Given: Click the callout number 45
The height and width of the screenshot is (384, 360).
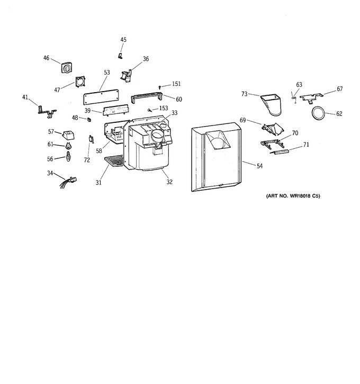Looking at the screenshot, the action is click(123, 40).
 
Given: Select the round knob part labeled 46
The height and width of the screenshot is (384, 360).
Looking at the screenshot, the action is click(67, 67).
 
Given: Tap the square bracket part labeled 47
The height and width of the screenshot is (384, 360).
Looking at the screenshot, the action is click(80, 82).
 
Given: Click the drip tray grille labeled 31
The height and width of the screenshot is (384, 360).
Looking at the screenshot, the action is click(114, 160).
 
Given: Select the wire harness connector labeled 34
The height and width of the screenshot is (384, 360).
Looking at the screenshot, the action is click(68, 182).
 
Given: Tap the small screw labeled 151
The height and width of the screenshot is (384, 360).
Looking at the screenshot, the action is click(160, 87).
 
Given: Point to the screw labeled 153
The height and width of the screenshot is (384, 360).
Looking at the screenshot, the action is click(149, 110).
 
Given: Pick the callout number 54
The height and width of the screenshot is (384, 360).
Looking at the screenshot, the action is click(259, 166).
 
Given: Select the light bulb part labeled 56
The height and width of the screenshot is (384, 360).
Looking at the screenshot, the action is click(68, 156).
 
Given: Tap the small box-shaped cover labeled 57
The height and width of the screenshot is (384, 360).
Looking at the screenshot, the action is click(68, 135).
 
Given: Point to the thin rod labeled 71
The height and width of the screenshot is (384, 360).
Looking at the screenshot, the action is click(280, 152).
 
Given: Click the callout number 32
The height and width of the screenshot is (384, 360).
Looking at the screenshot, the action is click(169, 182).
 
